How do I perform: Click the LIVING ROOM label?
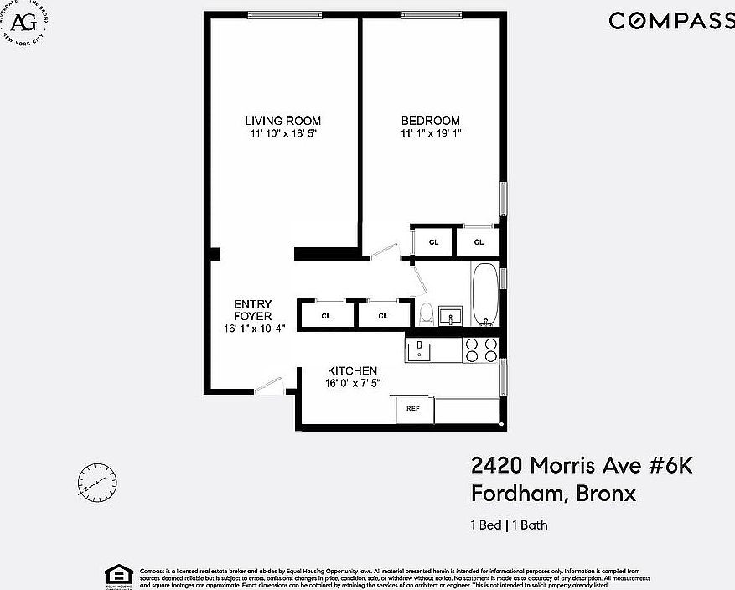282,121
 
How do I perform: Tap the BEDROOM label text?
430,121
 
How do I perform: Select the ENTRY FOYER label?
252,309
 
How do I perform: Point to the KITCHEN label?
352,370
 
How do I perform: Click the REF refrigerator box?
413,409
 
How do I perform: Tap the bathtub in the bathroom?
484,295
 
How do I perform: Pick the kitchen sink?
418,350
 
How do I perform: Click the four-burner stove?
481,349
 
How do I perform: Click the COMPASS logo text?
670,21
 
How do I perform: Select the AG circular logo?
23,20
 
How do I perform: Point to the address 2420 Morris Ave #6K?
581,466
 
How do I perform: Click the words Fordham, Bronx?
553,494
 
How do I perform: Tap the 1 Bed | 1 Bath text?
509,525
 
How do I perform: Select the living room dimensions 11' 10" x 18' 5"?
282,133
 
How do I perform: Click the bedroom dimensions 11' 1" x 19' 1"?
430,133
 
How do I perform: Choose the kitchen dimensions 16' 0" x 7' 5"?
352,383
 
